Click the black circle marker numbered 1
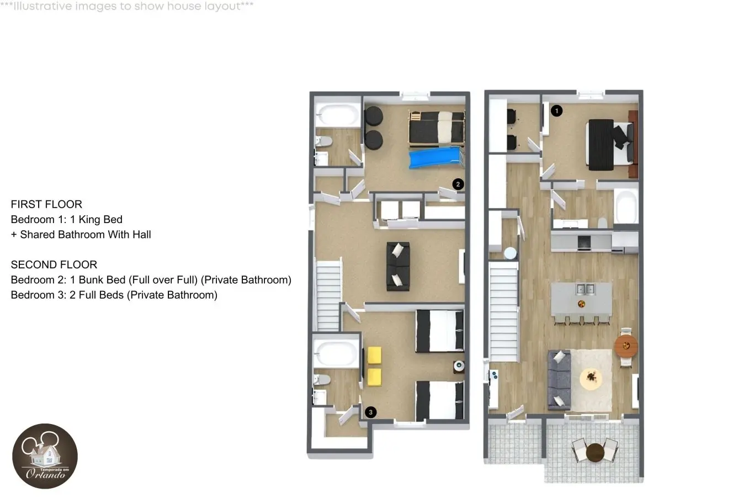[556, 111]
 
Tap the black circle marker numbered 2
[458, 184]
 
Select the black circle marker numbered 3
[370, 412]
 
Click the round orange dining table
[626, 346]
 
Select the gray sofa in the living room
[559, 380]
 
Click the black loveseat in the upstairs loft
[398, 266]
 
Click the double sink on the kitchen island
[585, 289]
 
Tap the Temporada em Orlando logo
[45, 456]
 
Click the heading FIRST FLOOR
[46, 204]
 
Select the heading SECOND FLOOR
[54, 264]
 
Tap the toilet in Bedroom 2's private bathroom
[323, 141]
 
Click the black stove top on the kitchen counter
[584, 242]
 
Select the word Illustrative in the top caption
[43, 6]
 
